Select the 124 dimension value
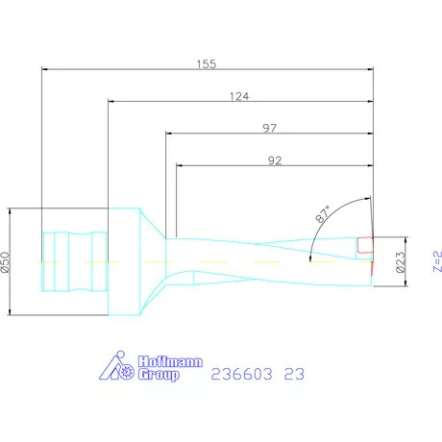(241, 95)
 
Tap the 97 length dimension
(269, 128)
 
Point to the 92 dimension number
(274, 160)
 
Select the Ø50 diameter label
(6, 260)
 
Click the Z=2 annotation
(434, 261)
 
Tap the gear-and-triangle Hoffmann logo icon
(119, 367)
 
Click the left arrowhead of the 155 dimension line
(45, 68)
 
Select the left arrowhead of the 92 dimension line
(180, 166)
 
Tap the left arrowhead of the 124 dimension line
(110, 101)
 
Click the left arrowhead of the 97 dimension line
(169, 134)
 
